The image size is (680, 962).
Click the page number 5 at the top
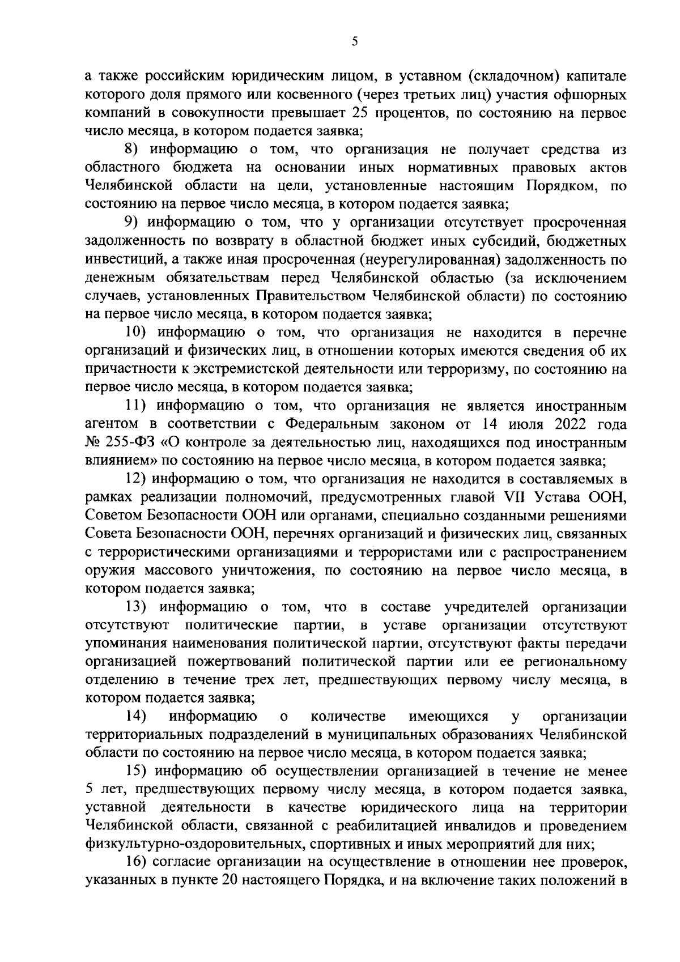[x=354, y=41]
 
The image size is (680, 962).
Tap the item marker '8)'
[x=134, y=150]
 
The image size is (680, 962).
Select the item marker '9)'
[x=134, y=223]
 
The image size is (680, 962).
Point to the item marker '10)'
[x=138, y=333]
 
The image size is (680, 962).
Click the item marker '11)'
[x=137, y=406]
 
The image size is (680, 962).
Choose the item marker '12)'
[x=136, y=479]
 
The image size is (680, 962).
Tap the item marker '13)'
[x=137, y=607]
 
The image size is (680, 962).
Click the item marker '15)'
[x=137, y=772]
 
